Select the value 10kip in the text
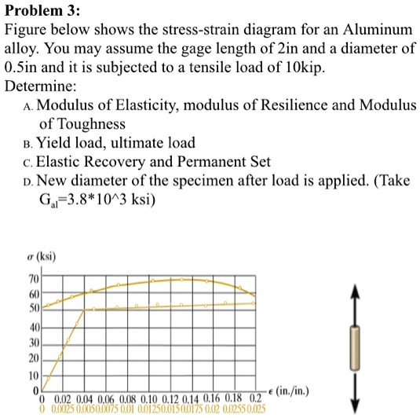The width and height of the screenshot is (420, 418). point(304,68)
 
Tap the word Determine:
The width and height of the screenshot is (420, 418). point(41,86)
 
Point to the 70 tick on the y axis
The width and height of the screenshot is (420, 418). point(34,279)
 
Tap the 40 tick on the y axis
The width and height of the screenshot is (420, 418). point(34,328)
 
